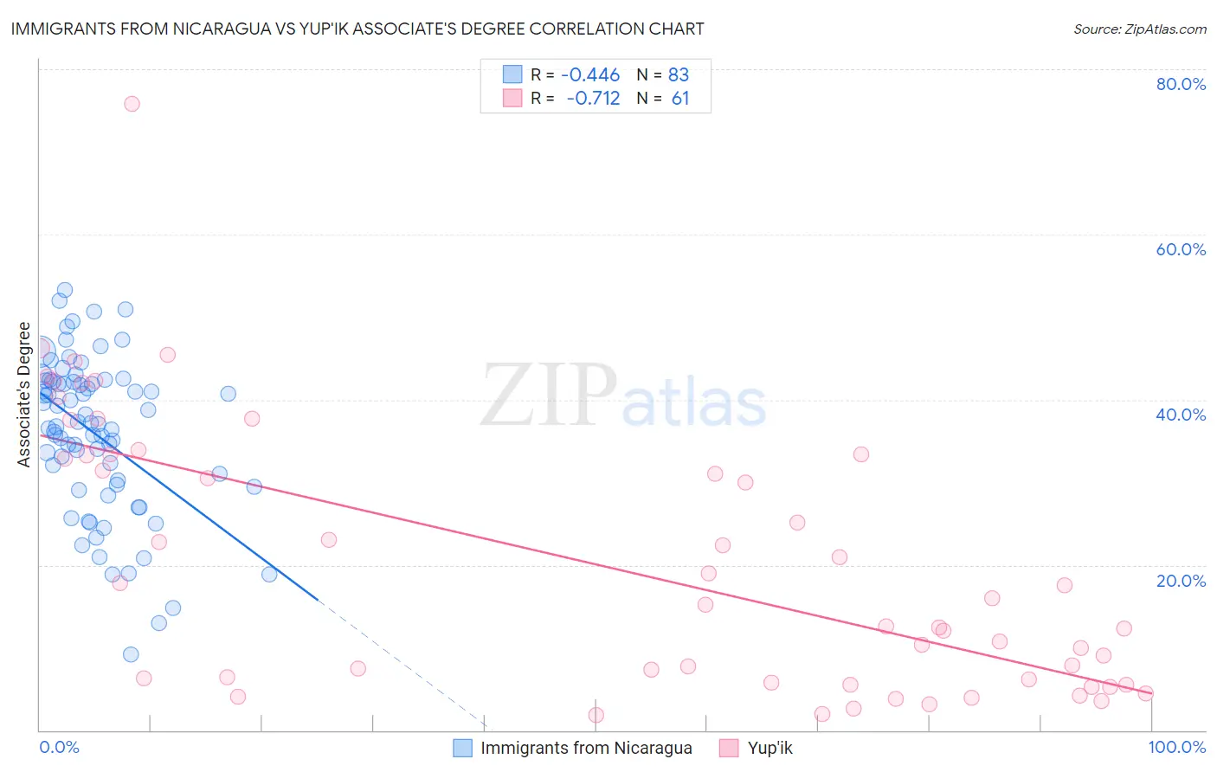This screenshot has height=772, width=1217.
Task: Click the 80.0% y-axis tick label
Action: tap(1181, 84)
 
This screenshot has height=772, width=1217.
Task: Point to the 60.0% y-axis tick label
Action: tap(1181, 249)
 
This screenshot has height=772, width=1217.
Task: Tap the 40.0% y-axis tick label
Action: tap(1181, 415)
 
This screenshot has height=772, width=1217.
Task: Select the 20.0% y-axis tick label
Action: tap(1181, 581)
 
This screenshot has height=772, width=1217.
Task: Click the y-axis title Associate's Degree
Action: tap(24, 395)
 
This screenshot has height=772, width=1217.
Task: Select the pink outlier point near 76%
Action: tap(132, 104)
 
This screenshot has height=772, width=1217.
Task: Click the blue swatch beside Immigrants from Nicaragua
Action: tap(463, 749)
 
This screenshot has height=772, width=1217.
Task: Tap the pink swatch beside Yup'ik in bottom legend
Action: tap(729, 749)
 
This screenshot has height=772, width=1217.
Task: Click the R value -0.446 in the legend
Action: tap(590, 75)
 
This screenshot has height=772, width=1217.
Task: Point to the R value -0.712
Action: tap(593, 99)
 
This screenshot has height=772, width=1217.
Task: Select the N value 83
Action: tap(679, 75)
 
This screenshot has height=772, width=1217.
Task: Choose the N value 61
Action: tap(680, 99)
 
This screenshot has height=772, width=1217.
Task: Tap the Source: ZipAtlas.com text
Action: tap(1139, 29)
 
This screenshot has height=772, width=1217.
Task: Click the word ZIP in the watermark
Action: tap(548, 396)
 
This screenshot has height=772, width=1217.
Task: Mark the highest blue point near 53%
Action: tap(65, 290)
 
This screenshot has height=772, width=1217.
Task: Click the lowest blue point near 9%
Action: tap(131, 654)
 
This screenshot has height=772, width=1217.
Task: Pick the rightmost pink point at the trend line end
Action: tap(1145, 693)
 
